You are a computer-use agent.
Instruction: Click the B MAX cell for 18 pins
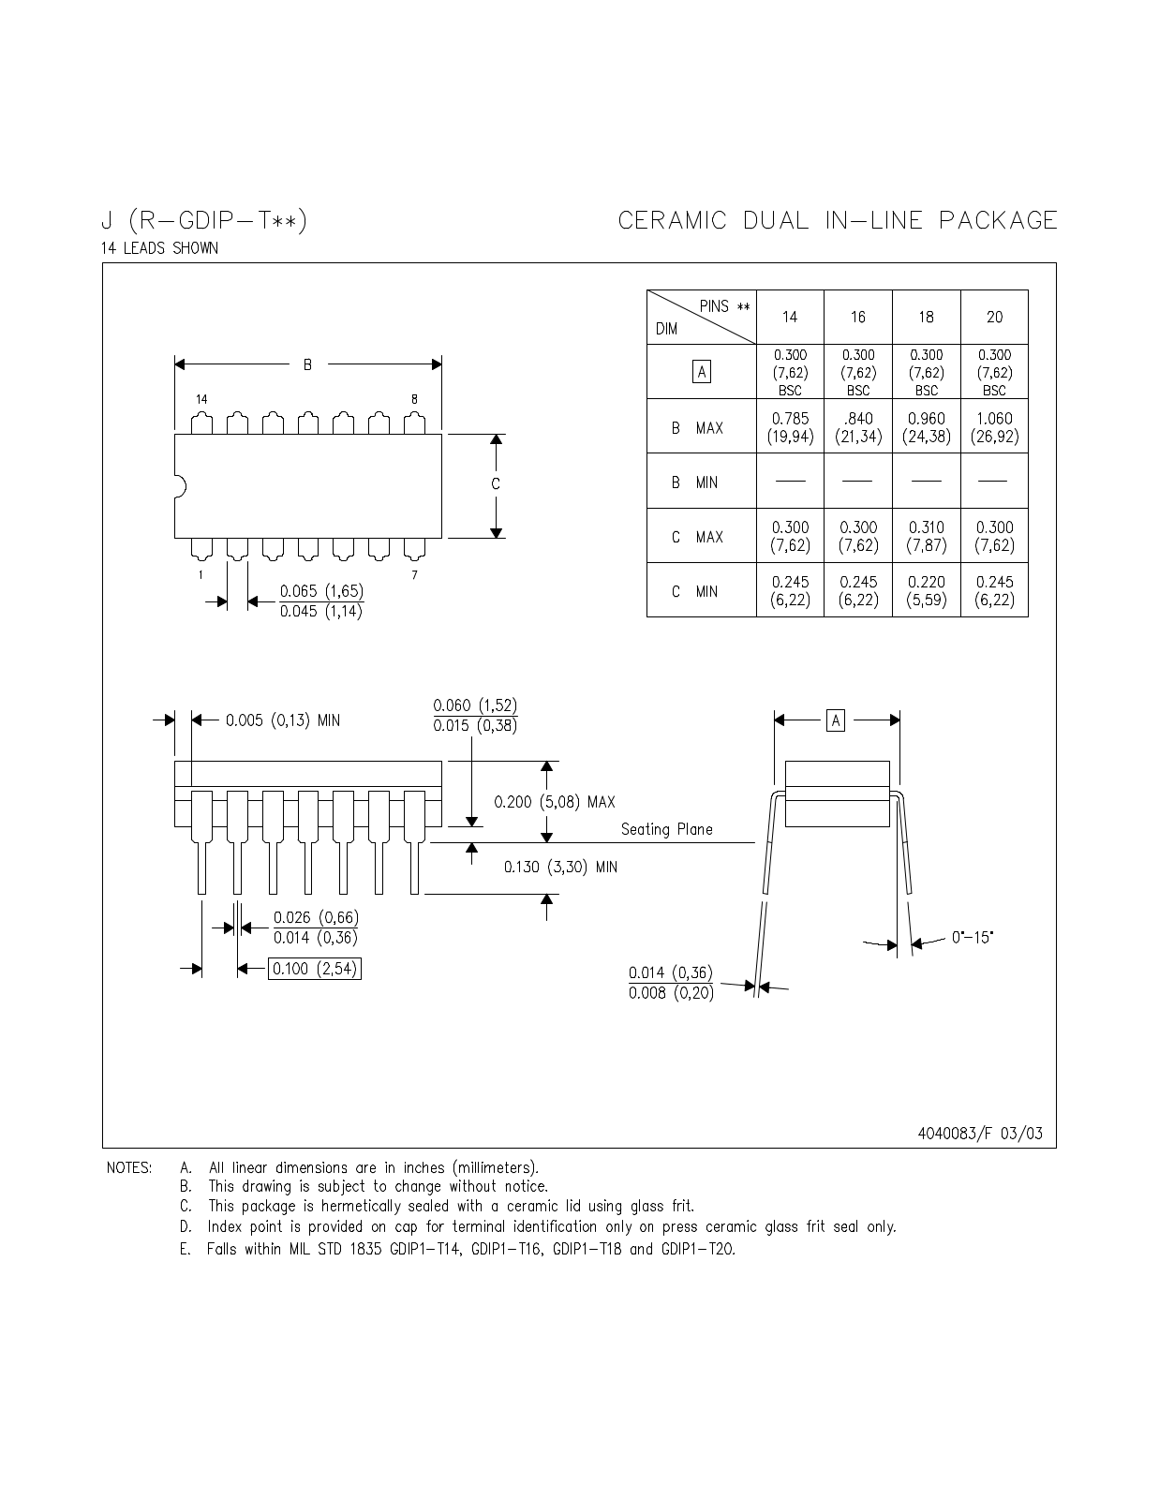[x=926, y=427]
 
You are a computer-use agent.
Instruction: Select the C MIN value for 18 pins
[x=926, y=590]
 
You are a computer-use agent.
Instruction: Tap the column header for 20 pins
[x=994, y=318]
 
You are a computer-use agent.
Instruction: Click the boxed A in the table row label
[x=701, y=372]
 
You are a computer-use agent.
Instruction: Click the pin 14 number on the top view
[x=201, y=399]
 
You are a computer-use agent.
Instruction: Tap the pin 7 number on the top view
[x=414, y=575]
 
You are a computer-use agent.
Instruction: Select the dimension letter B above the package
[x=307, y=364]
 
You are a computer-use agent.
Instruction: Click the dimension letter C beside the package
[x=496, y=484]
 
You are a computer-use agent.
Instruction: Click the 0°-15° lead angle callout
[x=972, y=937]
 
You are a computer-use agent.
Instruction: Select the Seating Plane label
[x=666, y=829]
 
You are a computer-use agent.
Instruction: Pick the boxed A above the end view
[x=836, y=720]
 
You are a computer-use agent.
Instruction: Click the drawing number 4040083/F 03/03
[x=979, y=1133]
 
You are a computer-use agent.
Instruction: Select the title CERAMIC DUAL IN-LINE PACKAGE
[x=838, y=221]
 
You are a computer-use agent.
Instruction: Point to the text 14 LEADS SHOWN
[x=159, y=248]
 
